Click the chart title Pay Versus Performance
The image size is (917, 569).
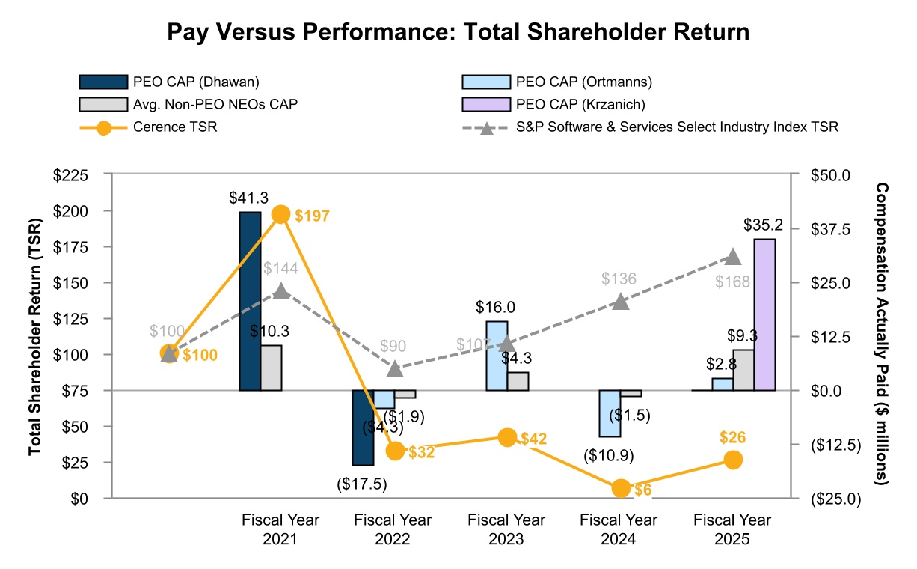(458, 32)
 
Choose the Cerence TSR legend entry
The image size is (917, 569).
(175, 127)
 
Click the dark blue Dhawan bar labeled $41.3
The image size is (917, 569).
(250, 301)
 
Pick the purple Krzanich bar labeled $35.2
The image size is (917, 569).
(764, 314)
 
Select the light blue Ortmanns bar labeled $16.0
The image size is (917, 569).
(497, 356)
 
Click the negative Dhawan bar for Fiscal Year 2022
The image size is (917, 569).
(363, 427)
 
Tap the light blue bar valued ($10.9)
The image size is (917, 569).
(610, 413)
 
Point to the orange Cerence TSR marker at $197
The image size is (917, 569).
(281, 215)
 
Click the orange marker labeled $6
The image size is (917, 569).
(621, 489)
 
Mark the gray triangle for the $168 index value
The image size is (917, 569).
(733, 258)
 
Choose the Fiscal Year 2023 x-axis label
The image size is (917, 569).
(506, 529)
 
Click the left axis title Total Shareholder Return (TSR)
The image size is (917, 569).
(34, 337)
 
